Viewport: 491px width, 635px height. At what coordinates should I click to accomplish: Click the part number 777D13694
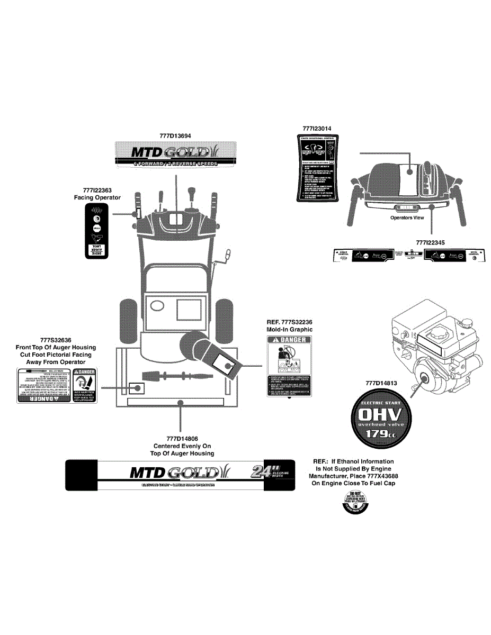(x=175, y=136)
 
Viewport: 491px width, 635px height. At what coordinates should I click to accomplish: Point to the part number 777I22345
(x=431, y=242)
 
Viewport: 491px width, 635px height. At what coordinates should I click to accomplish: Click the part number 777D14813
(x=381, y=383)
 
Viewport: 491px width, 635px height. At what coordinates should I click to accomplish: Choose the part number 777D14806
(x=182, y=439)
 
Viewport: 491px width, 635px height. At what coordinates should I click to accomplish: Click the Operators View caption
(x=407, y=217)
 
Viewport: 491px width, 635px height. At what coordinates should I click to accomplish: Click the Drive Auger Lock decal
(x=96, y=231)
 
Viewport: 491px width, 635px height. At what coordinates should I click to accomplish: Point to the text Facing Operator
(x=97, y=197)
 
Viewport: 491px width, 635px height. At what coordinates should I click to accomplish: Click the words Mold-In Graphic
(x=289, y=329)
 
